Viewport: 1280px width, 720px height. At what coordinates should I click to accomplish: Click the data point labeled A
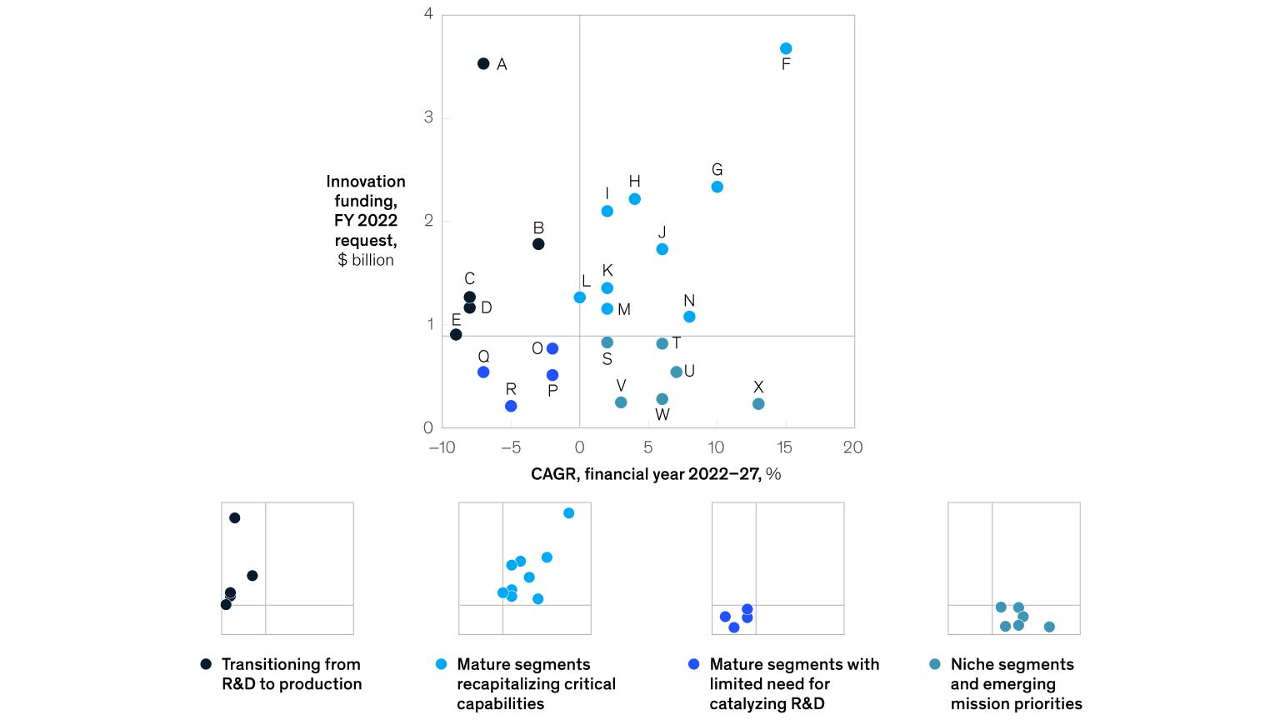coord(483,64)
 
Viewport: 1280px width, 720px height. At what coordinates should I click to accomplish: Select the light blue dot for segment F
coord(786,48)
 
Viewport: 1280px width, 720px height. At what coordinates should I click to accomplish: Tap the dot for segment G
coord(717,187)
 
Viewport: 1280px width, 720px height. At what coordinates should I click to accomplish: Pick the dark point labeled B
coord(538,244)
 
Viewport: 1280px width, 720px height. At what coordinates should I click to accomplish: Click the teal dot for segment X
coord(758,404)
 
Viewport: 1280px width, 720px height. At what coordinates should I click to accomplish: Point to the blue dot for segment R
coord(511,406)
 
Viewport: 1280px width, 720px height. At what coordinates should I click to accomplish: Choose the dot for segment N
coord(689,317)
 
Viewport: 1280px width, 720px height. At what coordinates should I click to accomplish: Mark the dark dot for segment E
coord(456,335)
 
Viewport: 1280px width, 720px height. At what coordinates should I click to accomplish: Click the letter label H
coord(634,181)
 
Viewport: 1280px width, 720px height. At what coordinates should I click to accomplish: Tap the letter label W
coord(662,415)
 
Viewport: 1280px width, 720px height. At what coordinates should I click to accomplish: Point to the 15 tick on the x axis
coord(784,447)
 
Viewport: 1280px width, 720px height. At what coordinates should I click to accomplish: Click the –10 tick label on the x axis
coord(442,447)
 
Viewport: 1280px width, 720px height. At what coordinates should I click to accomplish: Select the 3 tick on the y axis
coord(428,117)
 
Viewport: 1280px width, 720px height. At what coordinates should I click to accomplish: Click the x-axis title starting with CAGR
coord(655,474)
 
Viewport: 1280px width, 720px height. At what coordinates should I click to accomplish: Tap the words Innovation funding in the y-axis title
coord(366,191)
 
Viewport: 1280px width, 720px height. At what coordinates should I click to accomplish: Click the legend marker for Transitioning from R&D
coord(206,664)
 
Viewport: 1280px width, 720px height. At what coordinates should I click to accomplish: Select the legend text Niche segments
coord(1012,664)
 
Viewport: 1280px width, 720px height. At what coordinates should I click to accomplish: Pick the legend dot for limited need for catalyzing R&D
coord(693,664)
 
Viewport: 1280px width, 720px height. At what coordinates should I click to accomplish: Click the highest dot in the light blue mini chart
coord(568,513)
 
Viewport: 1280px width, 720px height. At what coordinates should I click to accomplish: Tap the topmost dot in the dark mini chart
coord(235,518)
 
